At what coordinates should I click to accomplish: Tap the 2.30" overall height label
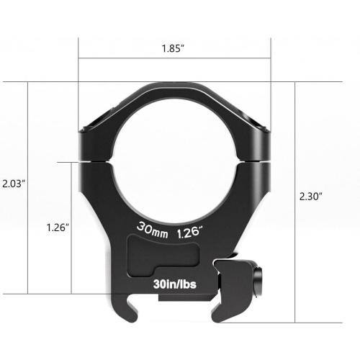coord(311,195)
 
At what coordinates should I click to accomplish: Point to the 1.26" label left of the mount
coord(56,228)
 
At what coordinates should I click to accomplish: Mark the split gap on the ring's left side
coord(95,161)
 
